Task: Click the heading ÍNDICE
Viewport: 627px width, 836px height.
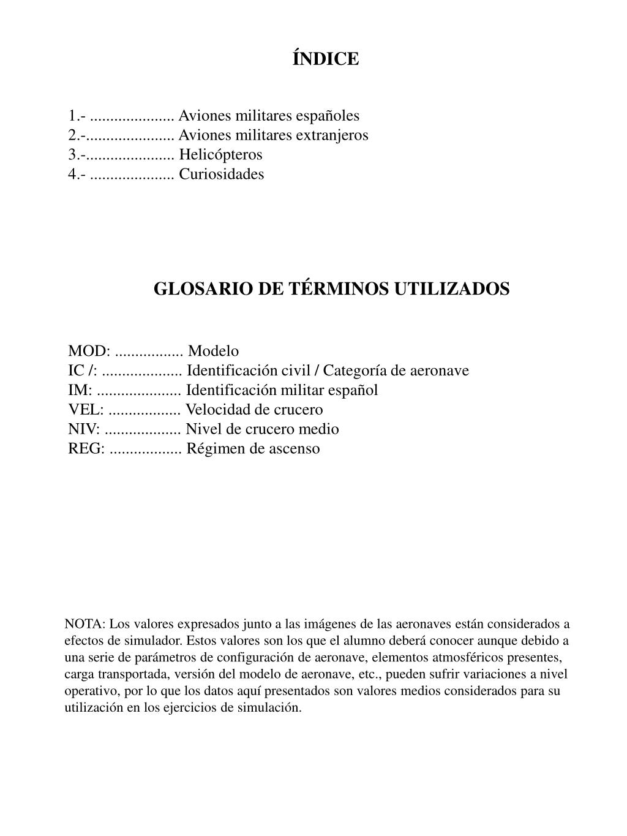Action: [325, 59]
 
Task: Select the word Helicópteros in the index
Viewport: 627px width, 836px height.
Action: [220, 154]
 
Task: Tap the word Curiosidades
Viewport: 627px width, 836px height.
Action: [221, 174]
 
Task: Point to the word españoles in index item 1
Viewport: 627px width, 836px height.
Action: [328, 116]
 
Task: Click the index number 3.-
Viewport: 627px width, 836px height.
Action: [77, 154]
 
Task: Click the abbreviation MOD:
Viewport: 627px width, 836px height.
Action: [89, 351]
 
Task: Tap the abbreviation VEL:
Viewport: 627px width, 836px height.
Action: [86, 410]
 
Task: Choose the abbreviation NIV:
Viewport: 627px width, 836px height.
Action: [84, 429]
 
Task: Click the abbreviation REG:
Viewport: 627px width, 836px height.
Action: [86, 449]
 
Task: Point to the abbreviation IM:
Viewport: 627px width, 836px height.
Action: [80, 390]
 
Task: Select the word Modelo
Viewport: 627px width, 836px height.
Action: [213, 351]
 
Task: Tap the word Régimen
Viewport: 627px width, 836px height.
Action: [214, 449]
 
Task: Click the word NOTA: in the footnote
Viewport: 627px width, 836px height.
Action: [85, 624]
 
